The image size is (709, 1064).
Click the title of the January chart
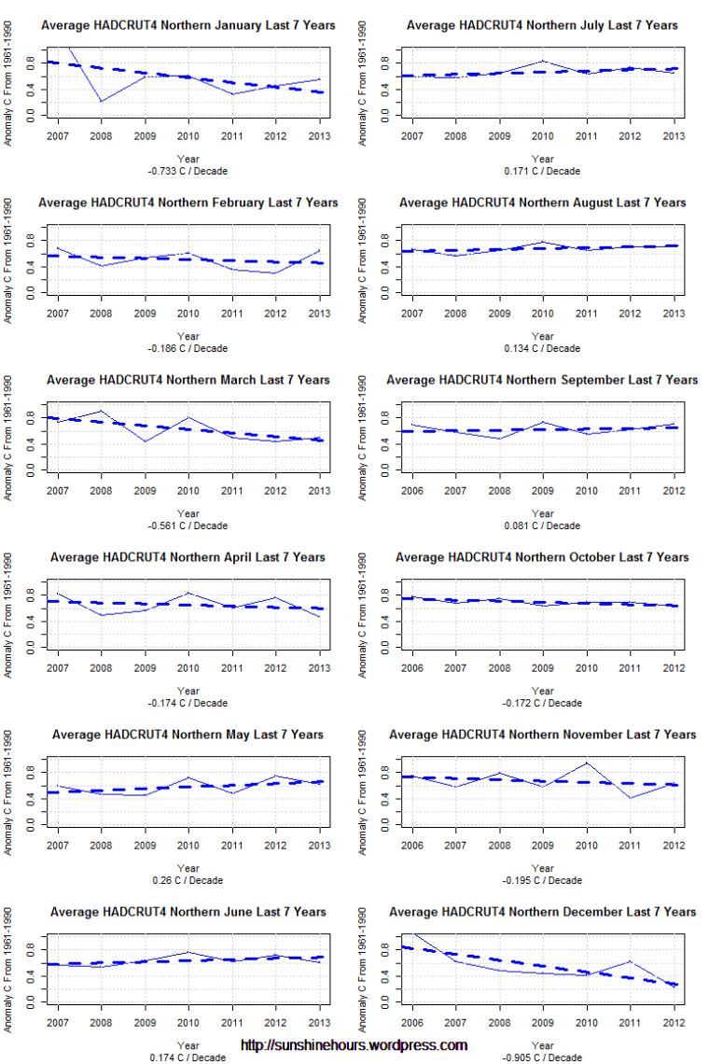point(188,25)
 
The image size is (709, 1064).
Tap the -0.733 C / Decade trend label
point(188,171)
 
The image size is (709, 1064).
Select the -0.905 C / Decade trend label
point(542,1057)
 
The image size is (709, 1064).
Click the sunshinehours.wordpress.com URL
point(354,1045)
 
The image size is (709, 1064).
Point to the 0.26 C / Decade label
point(188,880)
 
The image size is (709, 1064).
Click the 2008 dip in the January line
point(101,101)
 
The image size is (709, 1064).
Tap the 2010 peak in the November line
point(587,763)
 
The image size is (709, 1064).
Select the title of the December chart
point(542,912)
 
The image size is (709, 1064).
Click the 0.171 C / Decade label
point(542,171)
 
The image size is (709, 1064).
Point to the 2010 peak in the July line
point(543,61)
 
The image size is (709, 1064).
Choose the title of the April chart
point(188,557)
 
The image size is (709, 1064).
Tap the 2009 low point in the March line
point(145,441)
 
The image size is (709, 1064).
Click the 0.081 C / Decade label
point(542,525)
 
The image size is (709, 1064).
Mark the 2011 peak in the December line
point(631,960)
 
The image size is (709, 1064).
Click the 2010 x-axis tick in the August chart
point(543,314)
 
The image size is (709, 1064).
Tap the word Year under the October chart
point(542,691)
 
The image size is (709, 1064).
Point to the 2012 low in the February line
point(275,273)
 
